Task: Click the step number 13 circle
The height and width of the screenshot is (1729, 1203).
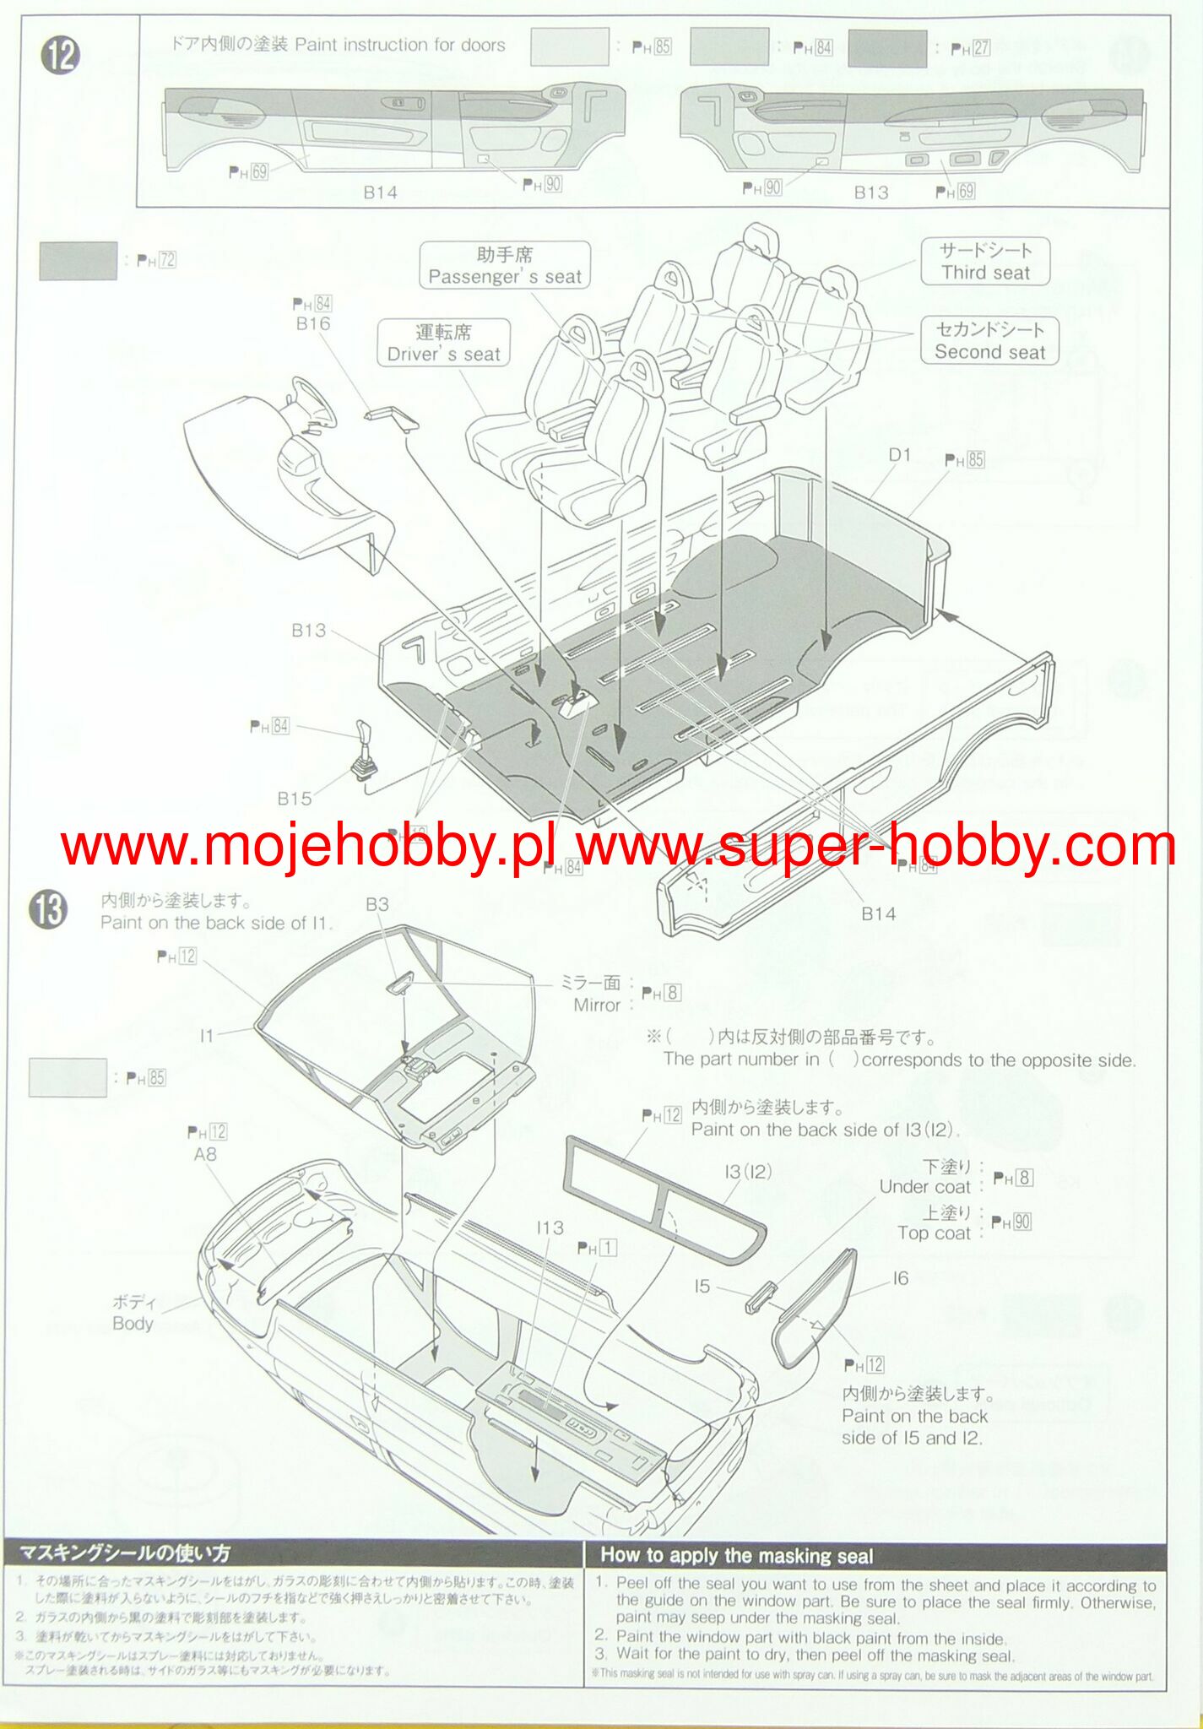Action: (49, 912)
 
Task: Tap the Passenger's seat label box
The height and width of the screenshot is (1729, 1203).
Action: (505, 266)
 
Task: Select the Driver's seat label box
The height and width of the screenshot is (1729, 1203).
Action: (444, 344)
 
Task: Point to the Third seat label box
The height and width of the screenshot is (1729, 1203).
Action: (985, 262)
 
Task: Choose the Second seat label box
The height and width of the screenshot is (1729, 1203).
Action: (989, 341)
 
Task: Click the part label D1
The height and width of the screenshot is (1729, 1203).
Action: (900, 455)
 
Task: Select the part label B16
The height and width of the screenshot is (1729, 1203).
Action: (313, 323)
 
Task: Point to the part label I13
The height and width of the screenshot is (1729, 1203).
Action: (550, 1228)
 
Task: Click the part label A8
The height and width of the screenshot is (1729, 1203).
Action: (205, 1154)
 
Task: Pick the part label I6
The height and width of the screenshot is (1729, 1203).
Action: (901, 1278)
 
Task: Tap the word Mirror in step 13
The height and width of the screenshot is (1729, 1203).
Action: (597, 1005)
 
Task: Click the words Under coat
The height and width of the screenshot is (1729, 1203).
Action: (924, 1186)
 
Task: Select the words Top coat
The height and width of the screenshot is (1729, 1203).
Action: (934, 1233)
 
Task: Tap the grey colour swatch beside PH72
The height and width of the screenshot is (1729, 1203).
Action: (78, 261)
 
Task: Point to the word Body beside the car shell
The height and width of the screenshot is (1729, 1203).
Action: (133, 1323)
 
